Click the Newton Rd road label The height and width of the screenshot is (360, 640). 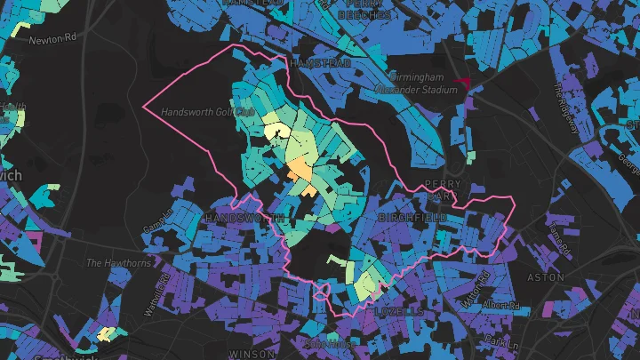pos(55,39)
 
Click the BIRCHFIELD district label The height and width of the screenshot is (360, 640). pos(412,217)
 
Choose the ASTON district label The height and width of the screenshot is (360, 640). pos(540,277)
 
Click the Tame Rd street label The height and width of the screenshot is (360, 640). pos(556,236)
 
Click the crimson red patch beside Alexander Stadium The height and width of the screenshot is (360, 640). pos(462,84)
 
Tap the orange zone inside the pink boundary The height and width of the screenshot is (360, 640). pos(300,174)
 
